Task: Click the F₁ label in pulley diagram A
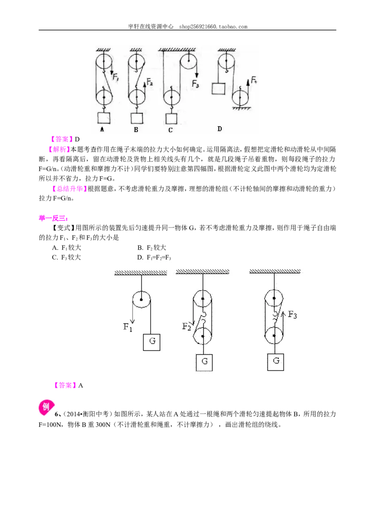coord(115,77)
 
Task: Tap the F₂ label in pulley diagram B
coord(150,82)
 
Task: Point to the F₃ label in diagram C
coord(195,83)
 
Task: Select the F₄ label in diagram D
coord(254,80)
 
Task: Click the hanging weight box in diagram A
coord(104,118)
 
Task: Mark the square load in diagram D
coord(218,88)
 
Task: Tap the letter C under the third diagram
coord(170,130)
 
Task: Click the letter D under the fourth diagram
coord(220,129)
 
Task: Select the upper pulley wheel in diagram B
coord(136,62)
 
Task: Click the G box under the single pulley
coord(151,341)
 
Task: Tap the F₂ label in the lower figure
coord(187,326)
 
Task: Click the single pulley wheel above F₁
coord(141,300)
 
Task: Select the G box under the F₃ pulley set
coord(276,362)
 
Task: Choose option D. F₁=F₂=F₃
coord(154,258)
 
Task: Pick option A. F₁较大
coord(67,248)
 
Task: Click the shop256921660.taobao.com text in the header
coord(213,26)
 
